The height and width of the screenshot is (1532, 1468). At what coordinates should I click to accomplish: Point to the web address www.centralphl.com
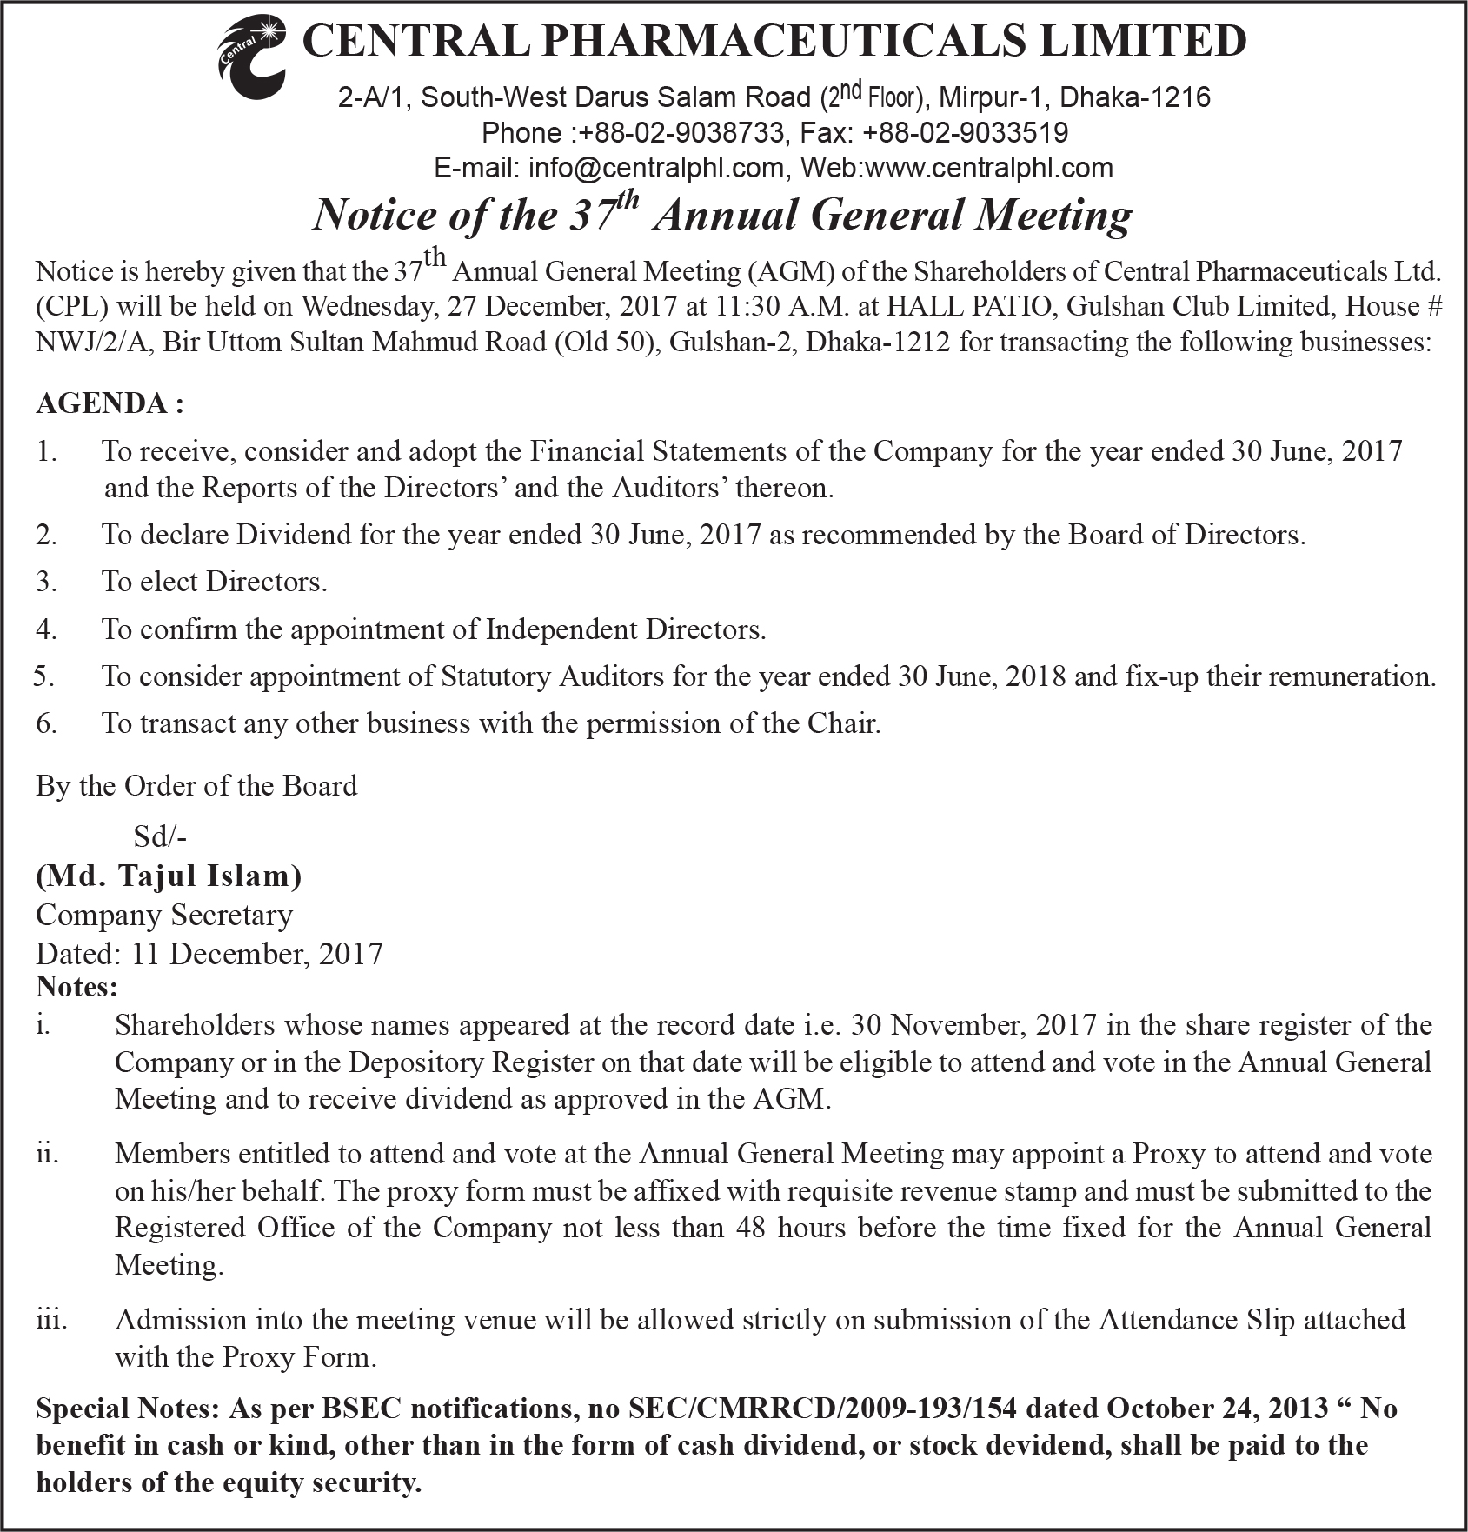(989, 168)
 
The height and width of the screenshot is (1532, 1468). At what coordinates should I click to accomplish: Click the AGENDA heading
(110, 403)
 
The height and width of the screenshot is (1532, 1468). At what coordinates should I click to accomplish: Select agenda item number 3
(46, 582)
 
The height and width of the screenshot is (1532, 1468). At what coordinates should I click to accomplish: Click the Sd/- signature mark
(160, 836)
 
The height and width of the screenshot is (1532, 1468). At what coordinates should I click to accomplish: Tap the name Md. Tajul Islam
(169, 876)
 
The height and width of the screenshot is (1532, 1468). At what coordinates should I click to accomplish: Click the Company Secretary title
(164, 915)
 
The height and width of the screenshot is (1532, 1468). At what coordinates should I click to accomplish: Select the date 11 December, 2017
(257, 954)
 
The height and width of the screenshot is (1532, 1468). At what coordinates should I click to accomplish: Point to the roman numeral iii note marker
(51, 1320)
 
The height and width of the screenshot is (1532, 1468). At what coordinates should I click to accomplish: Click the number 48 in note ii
(750, 1228)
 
